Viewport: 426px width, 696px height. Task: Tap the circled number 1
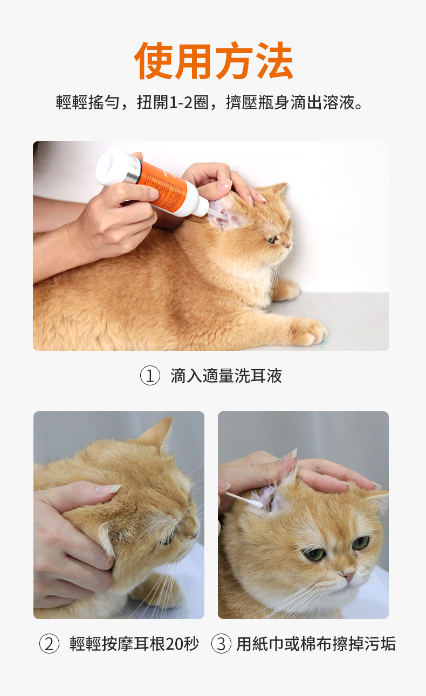point(150,376)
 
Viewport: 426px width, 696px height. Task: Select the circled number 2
point(49,643)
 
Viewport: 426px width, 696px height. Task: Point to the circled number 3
point(221,643)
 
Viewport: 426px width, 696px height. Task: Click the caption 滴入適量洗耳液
point(226,376)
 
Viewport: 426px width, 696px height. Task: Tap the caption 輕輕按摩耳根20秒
point(134,643)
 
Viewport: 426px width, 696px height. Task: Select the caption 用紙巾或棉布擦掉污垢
point(316,643)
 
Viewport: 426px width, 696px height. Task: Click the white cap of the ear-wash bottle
point(112,166)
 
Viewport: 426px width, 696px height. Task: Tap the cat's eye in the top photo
point(272,239)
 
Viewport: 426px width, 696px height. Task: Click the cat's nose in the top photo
point(288,246)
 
